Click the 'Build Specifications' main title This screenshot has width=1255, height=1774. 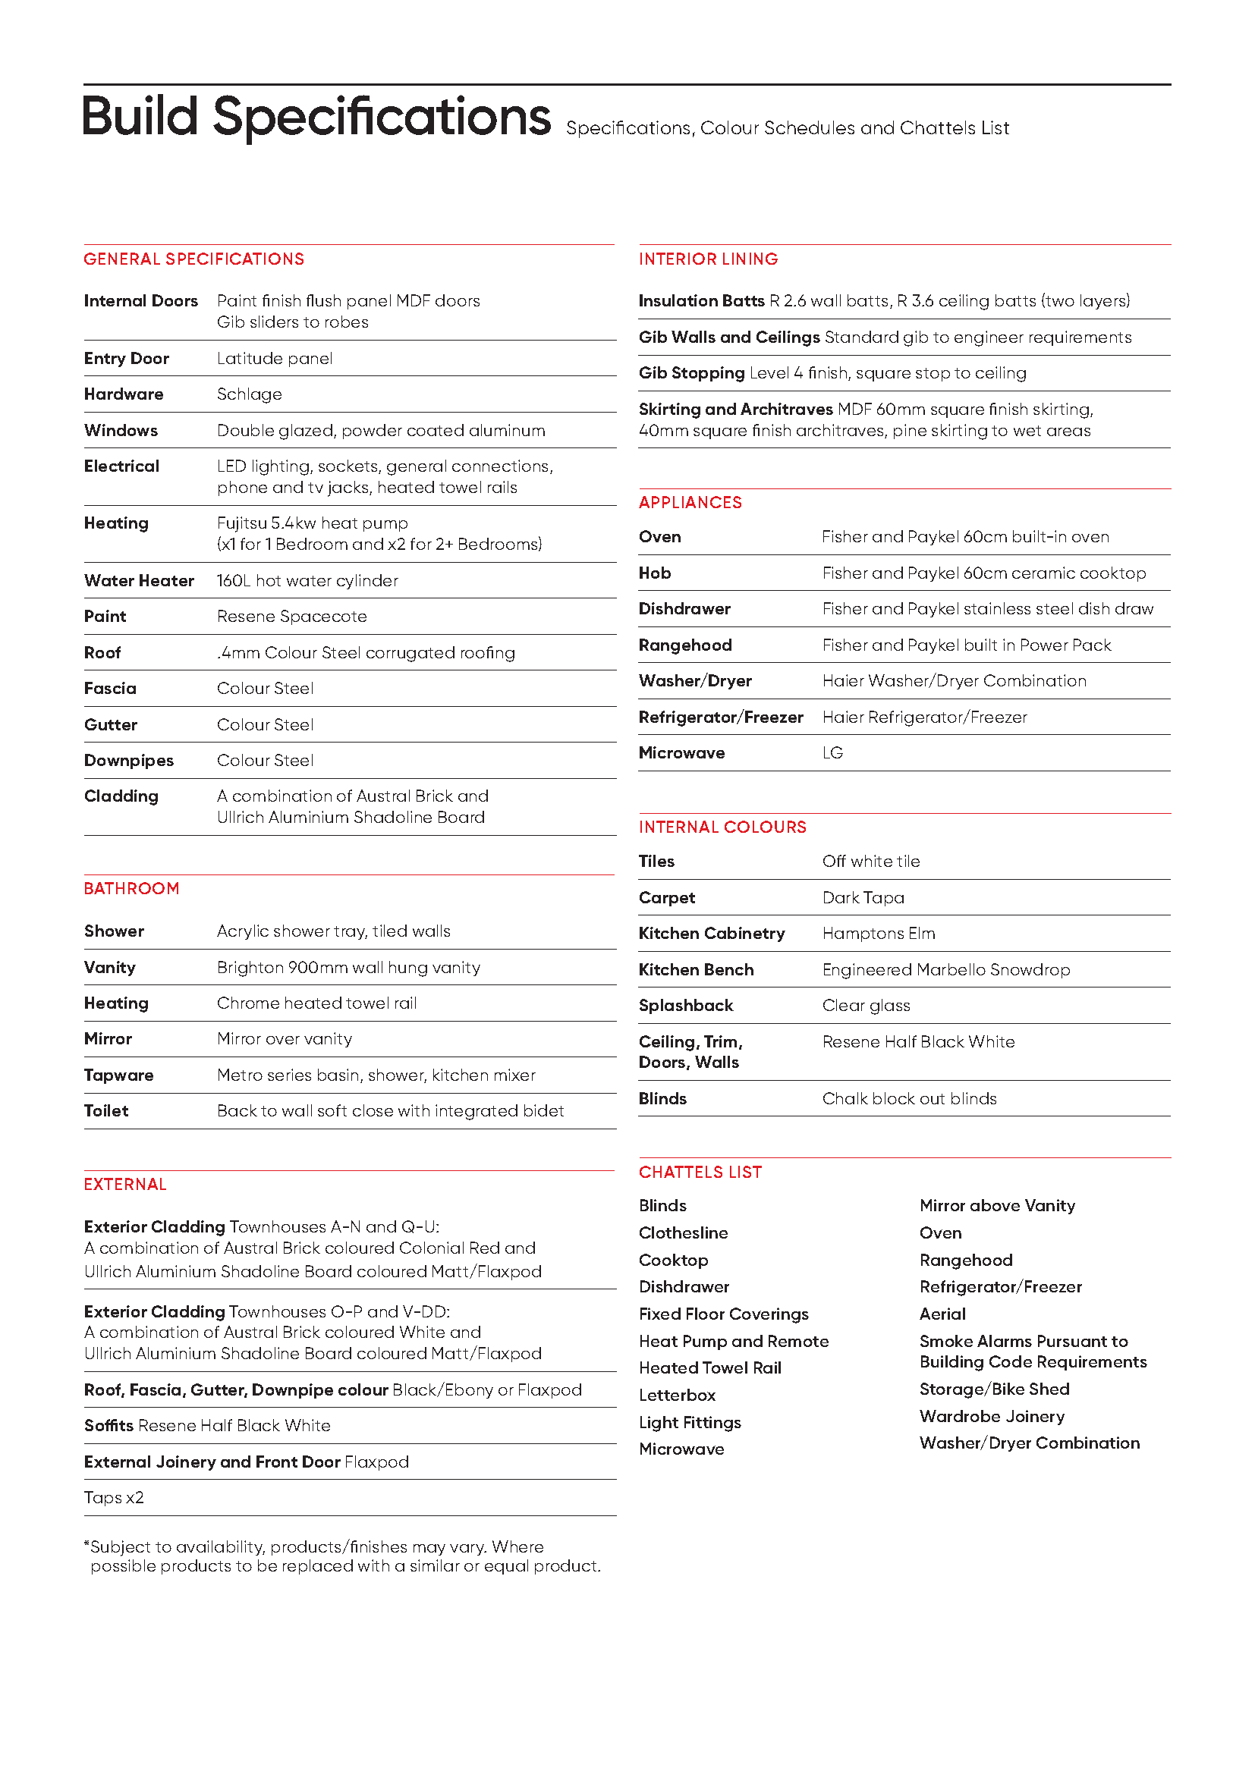click(316, 118)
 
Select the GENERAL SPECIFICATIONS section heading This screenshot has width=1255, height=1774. click(194, 259)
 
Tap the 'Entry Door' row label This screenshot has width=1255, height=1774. click(127, 359)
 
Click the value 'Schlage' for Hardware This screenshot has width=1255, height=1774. click(249, 394)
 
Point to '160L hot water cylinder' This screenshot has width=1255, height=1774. click(307, 580)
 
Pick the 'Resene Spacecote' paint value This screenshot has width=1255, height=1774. click(291, 617)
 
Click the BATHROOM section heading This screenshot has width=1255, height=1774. click(131, 889)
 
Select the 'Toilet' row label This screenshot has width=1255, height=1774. click(107, 1111)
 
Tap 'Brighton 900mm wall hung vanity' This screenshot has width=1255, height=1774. click(348, 967)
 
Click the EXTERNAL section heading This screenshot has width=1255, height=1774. click(125, 1185)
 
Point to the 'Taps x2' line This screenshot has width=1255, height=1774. click(115, 1497)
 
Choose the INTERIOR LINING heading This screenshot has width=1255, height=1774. click(708, 259)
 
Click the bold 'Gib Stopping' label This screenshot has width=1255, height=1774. click(692, 373)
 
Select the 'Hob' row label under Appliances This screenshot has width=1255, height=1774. click(655, 573)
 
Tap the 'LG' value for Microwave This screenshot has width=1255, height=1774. click(832, 753)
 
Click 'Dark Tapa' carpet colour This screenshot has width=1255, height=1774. click(863, 898)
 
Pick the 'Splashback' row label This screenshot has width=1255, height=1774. click(685, 1006)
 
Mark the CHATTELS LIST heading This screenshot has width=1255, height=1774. click(700, 1172)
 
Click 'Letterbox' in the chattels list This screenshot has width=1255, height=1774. click(677, 1396)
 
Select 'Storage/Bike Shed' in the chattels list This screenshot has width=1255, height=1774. click(995, 1389)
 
